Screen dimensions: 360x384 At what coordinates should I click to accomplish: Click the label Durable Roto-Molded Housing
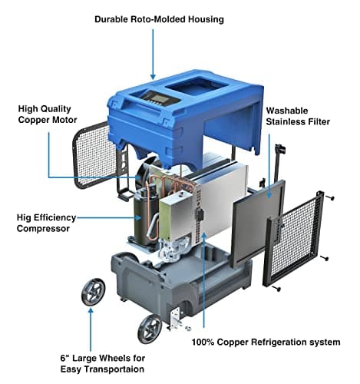pos(159,19)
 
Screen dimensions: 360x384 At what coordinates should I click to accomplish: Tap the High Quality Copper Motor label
pos(48,114)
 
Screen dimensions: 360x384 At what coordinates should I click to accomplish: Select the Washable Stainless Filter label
pos(298,116)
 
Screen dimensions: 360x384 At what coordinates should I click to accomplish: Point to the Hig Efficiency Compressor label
pos(46,223)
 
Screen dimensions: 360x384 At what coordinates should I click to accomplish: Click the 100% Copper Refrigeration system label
pos(266,342)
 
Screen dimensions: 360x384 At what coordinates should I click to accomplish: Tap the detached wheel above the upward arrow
pos(93,292)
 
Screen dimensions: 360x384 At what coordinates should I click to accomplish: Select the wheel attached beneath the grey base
pos(150,329)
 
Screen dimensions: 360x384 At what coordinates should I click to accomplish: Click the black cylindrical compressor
pos(144,217)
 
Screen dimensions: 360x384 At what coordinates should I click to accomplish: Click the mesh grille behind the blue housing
pos(97,155)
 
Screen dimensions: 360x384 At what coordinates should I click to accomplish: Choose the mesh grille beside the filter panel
pos(294,239)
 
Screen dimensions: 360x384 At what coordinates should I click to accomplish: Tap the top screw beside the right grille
pos(331,197)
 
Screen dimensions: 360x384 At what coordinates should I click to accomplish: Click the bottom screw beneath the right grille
pos(277,289)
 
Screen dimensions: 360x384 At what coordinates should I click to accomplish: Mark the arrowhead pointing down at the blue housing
pos(153,76)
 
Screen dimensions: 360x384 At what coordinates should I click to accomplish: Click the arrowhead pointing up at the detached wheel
pos(91,310)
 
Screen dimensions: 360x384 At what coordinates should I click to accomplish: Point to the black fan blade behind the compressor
pos(144,170)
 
